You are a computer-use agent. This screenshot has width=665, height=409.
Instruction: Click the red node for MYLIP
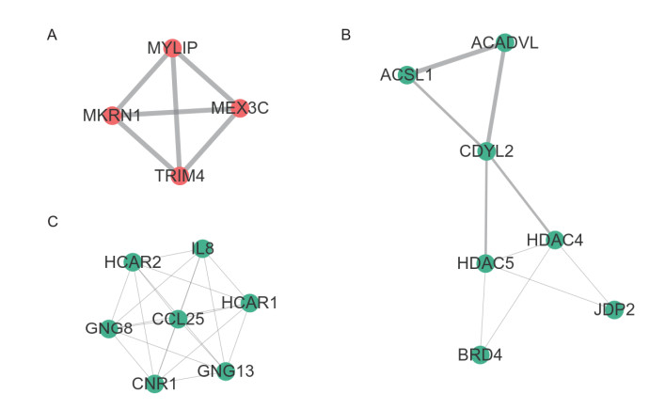point(171,47)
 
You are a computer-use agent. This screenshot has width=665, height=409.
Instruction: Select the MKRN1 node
point(112,115)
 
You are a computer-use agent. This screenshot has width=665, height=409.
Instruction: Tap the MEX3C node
point(240,106)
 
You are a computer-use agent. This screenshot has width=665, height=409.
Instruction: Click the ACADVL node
point(504,43)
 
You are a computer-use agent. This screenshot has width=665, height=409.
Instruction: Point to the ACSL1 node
point(406,75)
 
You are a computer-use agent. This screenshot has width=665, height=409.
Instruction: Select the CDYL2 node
point(486,151)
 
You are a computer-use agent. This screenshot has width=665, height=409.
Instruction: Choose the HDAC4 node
point(554,239)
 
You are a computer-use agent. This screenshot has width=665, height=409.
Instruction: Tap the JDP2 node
point(614,308)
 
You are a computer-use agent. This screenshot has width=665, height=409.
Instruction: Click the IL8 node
point(201,248)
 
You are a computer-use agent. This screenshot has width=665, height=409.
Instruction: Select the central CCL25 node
point(178,319)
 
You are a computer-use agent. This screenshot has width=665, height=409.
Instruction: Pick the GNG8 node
point(108,328)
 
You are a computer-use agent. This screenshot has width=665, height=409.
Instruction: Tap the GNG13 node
point(226,370)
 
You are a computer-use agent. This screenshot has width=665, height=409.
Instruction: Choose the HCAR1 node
point(249,302)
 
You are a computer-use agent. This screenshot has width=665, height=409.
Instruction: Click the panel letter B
point(346,36)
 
